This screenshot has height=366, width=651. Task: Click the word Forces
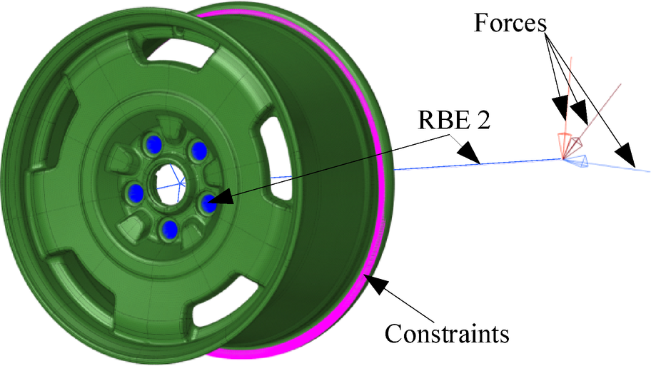(x=510, y=23)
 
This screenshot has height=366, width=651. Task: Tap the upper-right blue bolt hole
(x=199, y=151)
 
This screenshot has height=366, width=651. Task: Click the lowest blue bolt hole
(x=170, y=228)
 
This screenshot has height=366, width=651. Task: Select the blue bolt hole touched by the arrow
(x=206, y=204)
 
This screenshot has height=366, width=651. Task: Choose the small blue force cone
(x=581, y=162)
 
